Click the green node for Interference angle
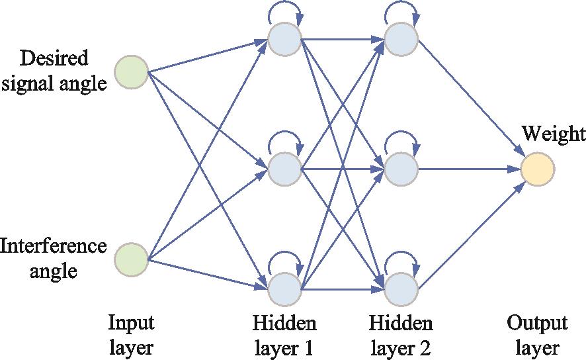click(131, 258)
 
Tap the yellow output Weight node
click(537, 169)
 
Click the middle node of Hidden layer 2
click(401, 169)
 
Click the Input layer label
click(131, 336)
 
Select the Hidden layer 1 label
click(284, 336)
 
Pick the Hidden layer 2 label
click(401, 336)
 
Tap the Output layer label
click(537, 336)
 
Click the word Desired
click(54, 59)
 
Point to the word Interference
click(54, 246)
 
